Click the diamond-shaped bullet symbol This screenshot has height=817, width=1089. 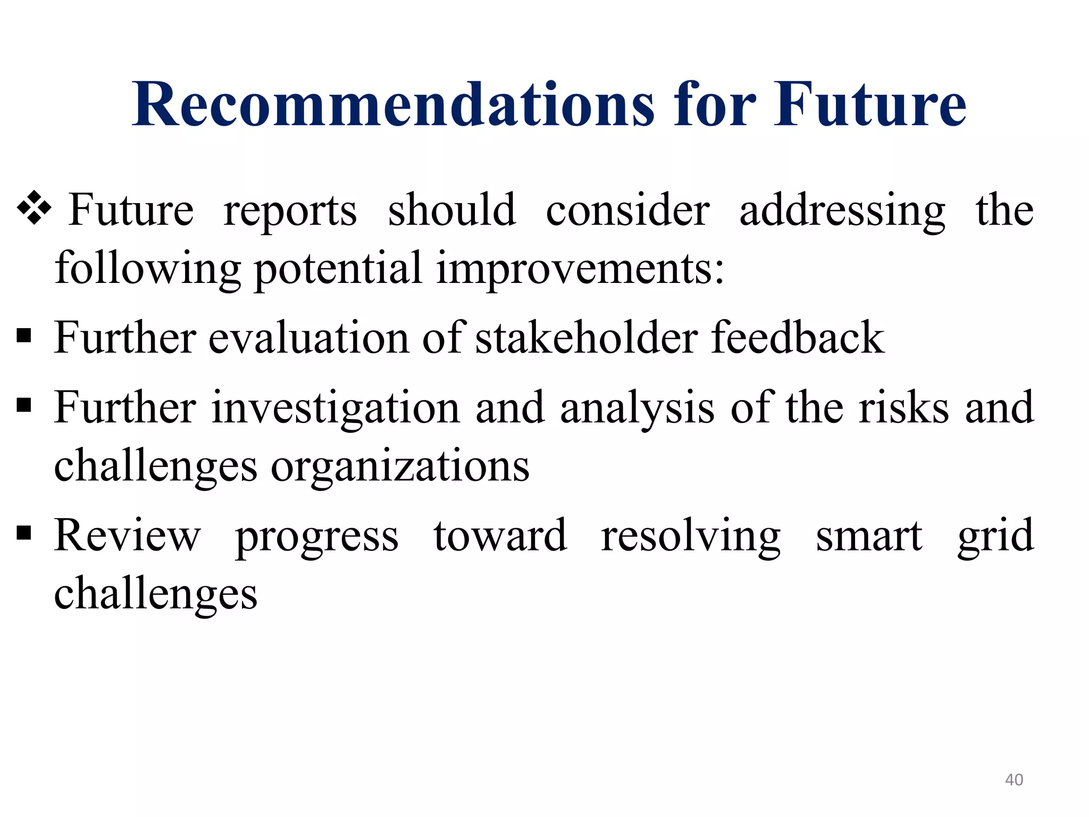click(34, 208)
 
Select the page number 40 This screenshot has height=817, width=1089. click(1013, 780)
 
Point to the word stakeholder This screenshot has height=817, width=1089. click(586, 338)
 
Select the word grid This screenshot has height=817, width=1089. click(995, 536)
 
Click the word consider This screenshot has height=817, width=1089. click(627, 210)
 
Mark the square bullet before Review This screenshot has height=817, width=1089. click(24, 532)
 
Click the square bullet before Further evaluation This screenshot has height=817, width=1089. click(24, 336)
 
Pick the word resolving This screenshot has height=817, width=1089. click(691, 536)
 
